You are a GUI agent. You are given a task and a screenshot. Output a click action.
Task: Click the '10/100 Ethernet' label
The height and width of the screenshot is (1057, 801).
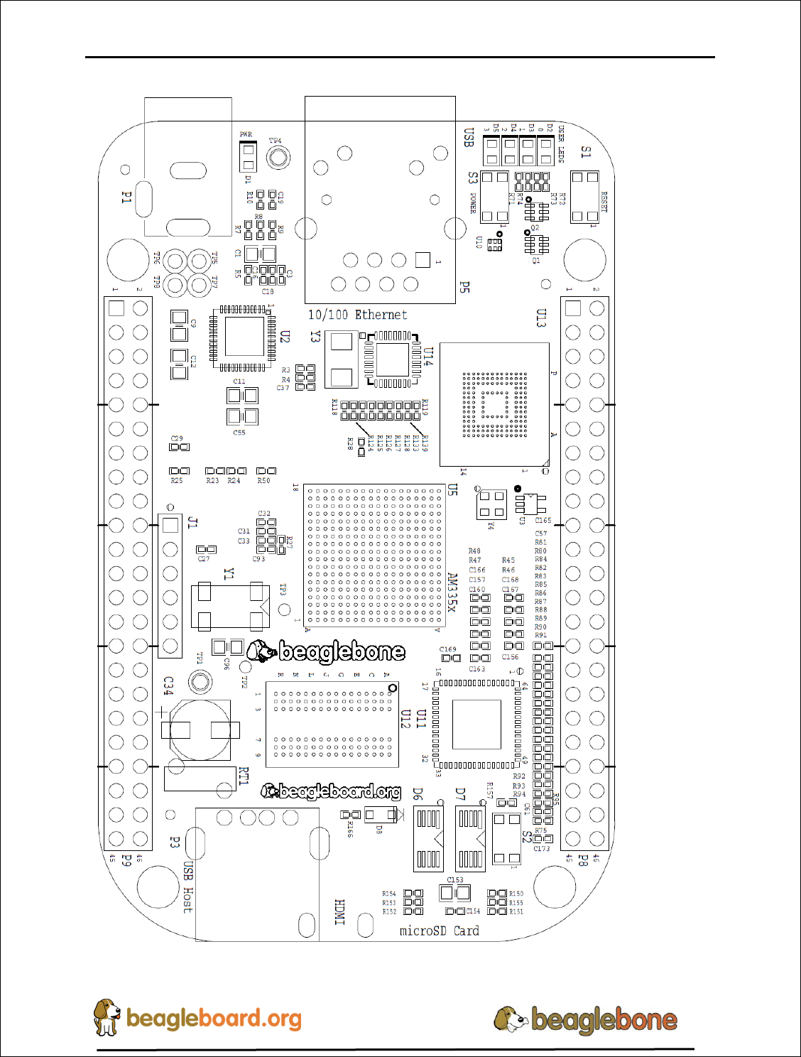pyautogui.click(x=357, y=315)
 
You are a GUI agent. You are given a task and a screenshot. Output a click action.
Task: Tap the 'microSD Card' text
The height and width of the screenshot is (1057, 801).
pyautogui.click(x=439, y=931)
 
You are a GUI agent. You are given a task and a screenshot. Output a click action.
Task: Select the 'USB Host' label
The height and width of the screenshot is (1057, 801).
pyautogui.click(x=187, y=887)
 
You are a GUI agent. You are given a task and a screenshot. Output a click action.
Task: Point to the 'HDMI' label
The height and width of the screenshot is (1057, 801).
pyautogui.click(x=339, y=912)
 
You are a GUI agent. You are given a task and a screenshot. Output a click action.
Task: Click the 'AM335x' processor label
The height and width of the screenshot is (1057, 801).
pyautogui.click(x=452, y=592)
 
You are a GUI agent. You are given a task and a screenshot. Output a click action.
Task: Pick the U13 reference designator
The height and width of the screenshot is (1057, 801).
pyautogui.click(x=541, y=318)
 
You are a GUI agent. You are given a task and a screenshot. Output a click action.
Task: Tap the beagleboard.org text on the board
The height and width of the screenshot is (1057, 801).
pyautogui.click(x=331, y=791)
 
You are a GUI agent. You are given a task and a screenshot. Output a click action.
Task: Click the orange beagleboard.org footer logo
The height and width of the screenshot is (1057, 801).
pyautogui.click(x=198, y=1018)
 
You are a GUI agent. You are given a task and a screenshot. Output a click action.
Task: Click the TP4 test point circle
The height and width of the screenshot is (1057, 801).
pyautogui.click(x=278, y=157)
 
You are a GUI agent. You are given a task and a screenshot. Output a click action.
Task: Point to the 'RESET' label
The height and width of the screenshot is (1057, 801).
pyautogui.click(x=604, y=201)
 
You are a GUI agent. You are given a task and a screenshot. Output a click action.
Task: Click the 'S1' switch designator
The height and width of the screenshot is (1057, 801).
pyautogui.click(x=586, y=151)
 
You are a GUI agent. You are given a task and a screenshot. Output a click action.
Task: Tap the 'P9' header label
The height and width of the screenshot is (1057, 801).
pyautogui.click(x=126, y=860)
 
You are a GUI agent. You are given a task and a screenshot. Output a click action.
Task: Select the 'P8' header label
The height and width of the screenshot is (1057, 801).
pyautogui.click(x=582, y=860)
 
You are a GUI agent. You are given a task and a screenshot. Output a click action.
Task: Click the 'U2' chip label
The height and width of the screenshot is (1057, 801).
pyautogui.click(x=285, y=337)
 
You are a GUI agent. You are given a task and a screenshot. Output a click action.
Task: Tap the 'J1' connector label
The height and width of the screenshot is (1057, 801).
pyautogui.click(x=192, y=523)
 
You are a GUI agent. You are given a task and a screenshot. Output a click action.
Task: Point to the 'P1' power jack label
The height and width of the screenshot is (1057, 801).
pyautogui.click(x=126, y=197)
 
